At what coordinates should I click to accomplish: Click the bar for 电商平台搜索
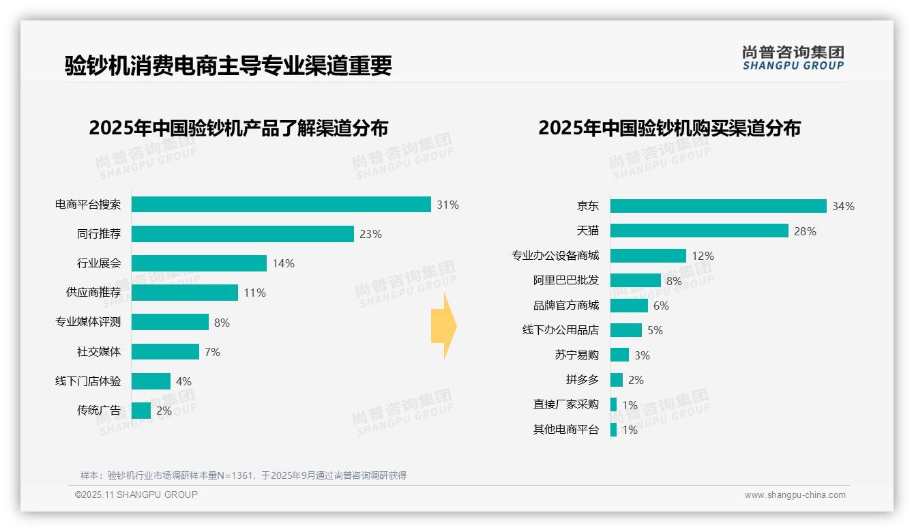(281, 205)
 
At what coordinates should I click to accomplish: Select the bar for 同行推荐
(243, 234)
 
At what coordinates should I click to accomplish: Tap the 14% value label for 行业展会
(283, 263)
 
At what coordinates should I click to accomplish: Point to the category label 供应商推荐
(93, 293)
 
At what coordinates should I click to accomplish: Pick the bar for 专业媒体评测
(170, 322)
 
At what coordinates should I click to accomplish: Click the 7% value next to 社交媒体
(212, 352)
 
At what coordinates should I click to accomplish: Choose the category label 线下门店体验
(88, 381)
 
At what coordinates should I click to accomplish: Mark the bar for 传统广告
(141, 411)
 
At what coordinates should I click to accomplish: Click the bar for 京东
(718, 206)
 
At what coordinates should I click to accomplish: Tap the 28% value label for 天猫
(805, 231)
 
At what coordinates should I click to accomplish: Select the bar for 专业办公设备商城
(648, 256)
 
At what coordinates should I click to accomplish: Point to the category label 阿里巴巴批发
(566, 280)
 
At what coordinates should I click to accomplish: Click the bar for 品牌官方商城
(629, 306)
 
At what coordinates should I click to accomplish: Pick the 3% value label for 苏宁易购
(642, 355)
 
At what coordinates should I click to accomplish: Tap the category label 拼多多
(582, 380)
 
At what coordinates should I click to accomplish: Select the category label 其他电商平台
(566, 430)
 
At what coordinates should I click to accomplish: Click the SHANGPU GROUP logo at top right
(793, 58)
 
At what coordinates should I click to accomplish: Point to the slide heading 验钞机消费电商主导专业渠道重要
(228, 65)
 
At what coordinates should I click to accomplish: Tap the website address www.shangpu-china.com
(795, 495)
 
